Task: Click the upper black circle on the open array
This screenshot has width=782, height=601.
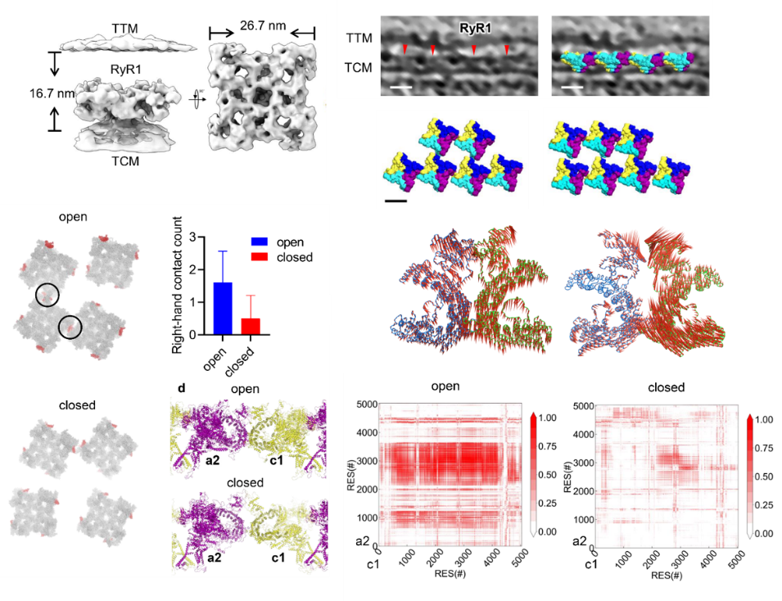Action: coord(47,295)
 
